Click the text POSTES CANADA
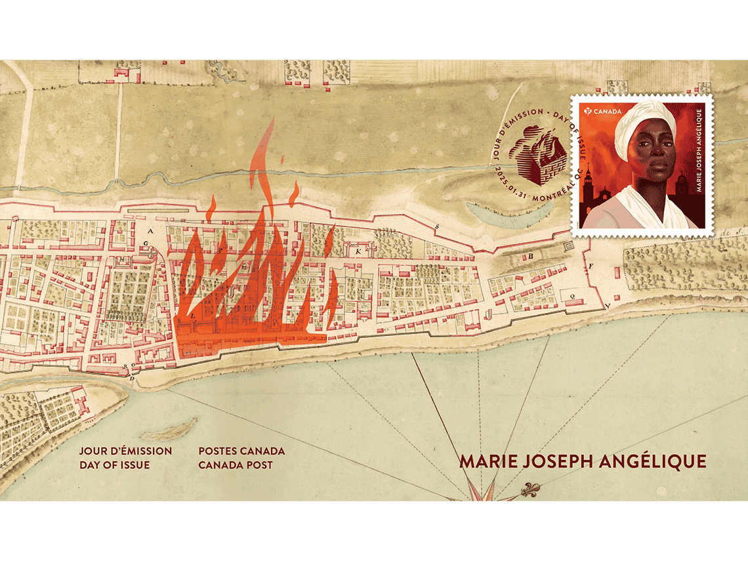(x=241, y=451)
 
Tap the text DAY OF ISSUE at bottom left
(x=114, y=465)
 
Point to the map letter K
(x=358, y=251)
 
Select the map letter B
(x=530, y=257)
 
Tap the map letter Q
(x=573, y=296)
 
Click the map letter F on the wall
(x=591, y=266)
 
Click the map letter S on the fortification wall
(x=437, y=226)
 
